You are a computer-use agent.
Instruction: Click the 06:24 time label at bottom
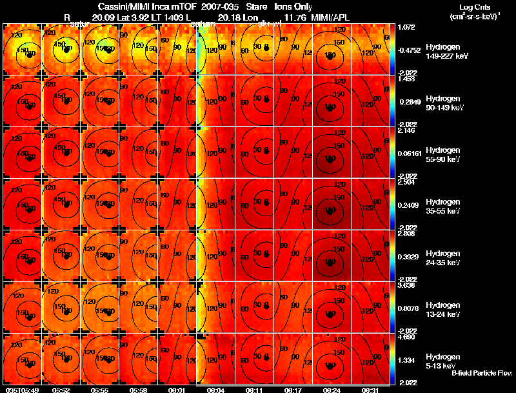coord(332,390)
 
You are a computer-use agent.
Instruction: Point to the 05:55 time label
coord(99,390)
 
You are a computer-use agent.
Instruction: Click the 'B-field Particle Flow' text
coord(481,374)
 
